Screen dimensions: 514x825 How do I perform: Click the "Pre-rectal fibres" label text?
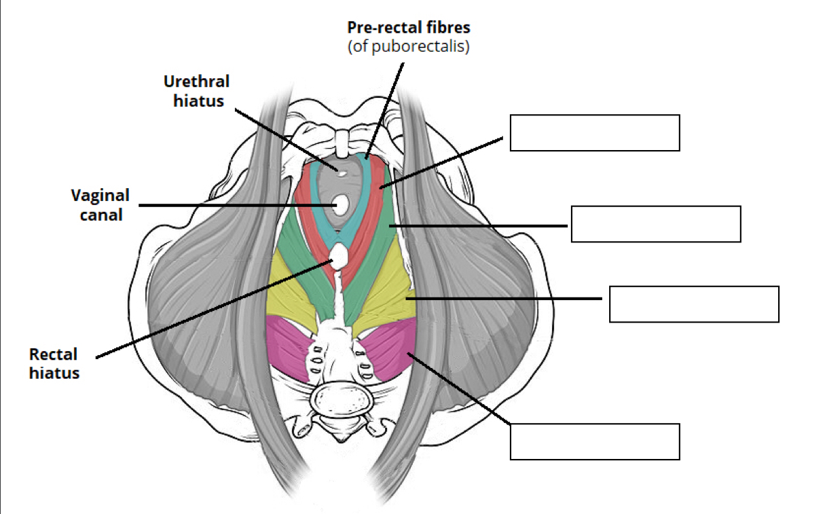(408, 29)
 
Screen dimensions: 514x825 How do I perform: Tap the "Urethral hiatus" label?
(196, 91)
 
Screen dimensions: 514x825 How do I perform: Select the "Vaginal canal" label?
(100, 205)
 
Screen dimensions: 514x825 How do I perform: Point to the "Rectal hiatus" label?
(54, 363)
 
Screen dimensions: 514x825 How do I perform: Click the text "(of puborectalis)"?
(408, 48)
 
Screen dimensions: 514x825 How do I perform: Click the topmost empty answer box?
(594, 132)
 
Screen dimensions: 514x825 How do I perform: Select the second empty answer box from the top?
(655, 223)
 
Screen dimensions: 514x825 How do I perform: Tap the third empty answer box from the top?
(693, 304)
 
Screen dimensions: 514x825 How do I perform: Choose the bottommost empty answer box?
(594, 441)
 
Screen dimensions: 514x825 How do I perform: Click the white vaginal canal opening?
(341, 204)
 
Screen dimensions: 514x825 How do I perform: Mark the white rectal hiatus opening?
(339, 256)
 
